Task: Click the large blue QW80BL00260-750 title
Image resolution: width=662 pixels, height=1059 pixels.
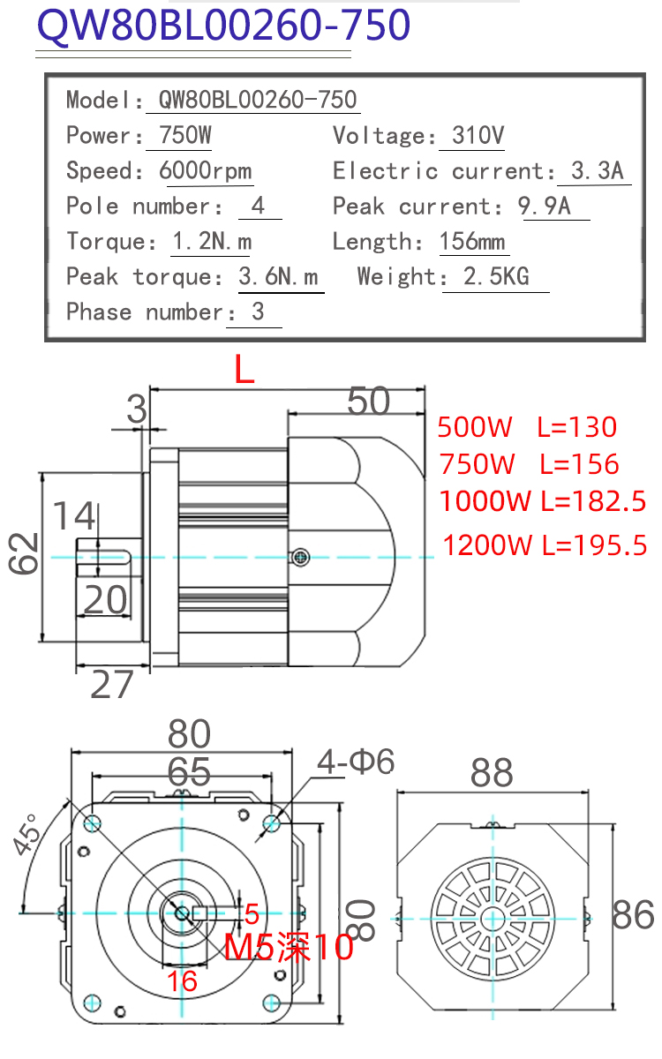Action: pyautogui.click(x=223, y=25)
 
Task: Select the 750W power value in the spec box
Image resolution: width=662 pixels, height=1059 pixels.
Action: pyautogui.click(x=184, y=135)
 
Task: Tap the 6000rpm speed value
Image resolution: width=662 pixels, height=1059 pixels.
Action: pyautogui.click(x=205, y=170)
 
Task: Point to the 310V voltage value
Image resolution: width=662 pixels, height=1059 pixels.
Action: pyautogui.click(x=478, y=135)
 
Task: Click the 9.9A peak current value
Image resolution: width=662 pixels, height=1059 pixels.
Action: pyautogui.click(x=545, y=207)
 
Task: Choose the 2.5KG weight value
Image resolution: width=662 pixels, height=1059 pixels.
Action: pyautogui.click(x=496, y=276)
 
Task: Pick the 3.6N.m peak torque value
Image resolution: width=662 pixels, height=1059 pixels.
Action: pyautogui.click(x=278, y=276)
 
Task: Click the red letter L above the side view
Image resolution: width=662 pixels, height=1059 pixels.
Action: pyautogui.click(x=244, y=369)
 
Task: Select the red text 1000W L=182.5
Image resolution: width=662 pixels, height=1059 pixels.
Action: pyautogui.click(x=542, y=501)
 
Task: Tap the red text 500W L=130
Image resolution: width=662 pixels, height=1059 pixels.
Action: pyautogui.click(x=527, y=427)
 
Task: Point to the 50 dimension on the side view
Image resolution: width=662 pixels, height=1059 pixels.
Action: pyautogui.click(x=368, y=402)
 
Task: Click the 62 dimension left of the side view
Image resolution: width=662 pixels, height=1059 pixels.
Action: pyautogui.click(x=23, y=553)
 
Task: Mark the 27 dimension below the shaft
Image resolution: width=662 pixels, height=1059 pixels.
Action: pyautogui.click(x=111, y=684)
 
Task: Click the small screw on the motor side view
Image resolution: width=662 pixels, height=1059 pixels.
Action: pyautogui.click(x=300, y=558)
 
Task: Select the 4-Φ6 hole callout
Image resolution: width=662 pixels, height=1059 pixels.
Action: pyautogui.click(x=356, y=762)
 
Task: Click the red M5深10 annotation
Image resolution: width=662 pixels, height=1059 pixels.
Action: pyautogui.click(x=289, y=947)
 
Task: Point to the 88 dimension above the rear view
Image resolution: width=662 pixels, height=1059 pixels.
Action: pyautogui.click(x=492, y=773)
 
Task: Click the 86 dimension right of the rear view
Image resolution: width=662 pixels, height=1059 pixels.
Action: pyautogui.click(x=633, y=915)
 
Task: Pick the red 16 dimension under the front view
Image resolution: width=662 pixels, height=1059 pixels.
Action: pyautogui.click(x=182, y=981)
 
